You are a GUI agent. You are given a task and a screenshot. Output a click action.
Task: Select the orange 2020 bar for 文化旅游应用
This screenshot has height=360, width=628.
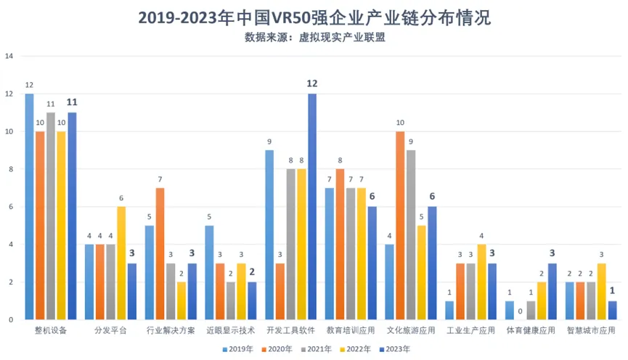click(x=400, y=225)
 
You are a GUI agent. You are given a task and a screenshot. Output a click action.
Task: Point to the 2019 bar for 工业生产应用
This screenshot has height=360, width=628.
click(x=449, y=310)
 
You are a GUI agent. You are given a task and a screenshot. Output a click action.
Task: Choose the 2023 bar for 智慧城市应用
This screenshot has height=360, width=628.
click(x=612, y=310)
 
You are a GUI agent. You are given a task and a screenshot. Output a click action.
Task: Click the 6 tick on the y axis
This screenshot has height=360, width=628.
click(x=9, y=207)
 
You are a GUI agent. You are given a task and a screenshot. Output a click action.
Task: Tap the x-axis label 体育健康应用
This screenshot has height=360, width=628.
click(x=531, y=331)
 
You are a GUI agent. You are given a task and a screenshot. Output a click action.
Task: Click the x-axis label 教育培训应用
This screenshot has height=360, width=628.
click(x=350, y=331)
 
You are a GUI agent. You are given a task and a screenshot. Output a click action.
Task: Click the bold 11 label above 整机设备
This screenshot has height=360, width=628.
click(x=72, y=102)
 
